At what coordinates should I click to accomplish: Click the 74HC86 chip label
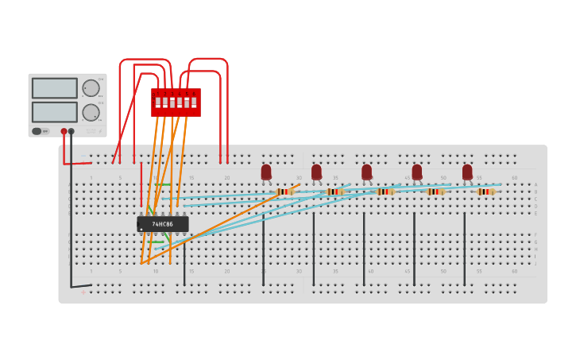[x=163, y=224]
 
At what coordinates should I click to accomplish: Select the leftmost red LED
[x=266, y=172]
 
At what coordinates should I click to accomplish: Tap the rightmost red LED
[x=467, y=172]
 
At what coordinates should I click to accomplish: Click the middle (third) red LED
[x=366, y=172]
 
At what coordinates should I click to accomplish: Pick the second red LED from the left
[x=316, y=172]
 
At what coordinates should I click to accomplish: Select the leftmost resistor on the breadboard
[x=284, y=192]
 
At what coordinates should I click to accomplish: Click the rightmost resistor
[x=485, y=192]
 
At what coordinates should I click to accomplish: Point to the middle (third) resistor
[x=385, y=192]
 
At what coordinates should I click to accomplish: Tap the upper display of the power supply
[x=55, y=88]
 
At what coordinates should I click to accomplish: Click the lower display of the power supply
[x=55, y=112]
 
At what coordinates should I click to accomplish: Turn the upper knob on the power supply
[x=91, y=88]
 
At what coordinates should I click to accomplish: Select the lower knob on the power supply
[x=91, y=112]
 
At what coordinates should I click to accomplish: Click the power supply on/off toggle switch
[x=37, y=131]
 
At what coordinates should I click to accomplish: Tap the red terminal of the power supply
[x=64, y=131]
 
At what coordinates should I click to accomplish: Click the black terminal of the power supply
[x=72, y=131]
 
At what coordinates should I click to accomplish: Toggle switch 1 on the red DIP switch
[x=158, y=103]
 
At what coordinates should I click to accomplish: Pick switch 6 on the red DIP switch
[x=194, y=103]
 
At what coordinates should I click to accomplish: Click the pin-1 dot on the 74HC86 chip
[x=142, y=229]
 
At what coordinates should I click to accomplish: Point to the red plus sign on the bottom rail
[x=83, y=292]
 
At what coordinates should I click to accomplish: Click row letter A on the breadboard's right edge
[x=535, y=184]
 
